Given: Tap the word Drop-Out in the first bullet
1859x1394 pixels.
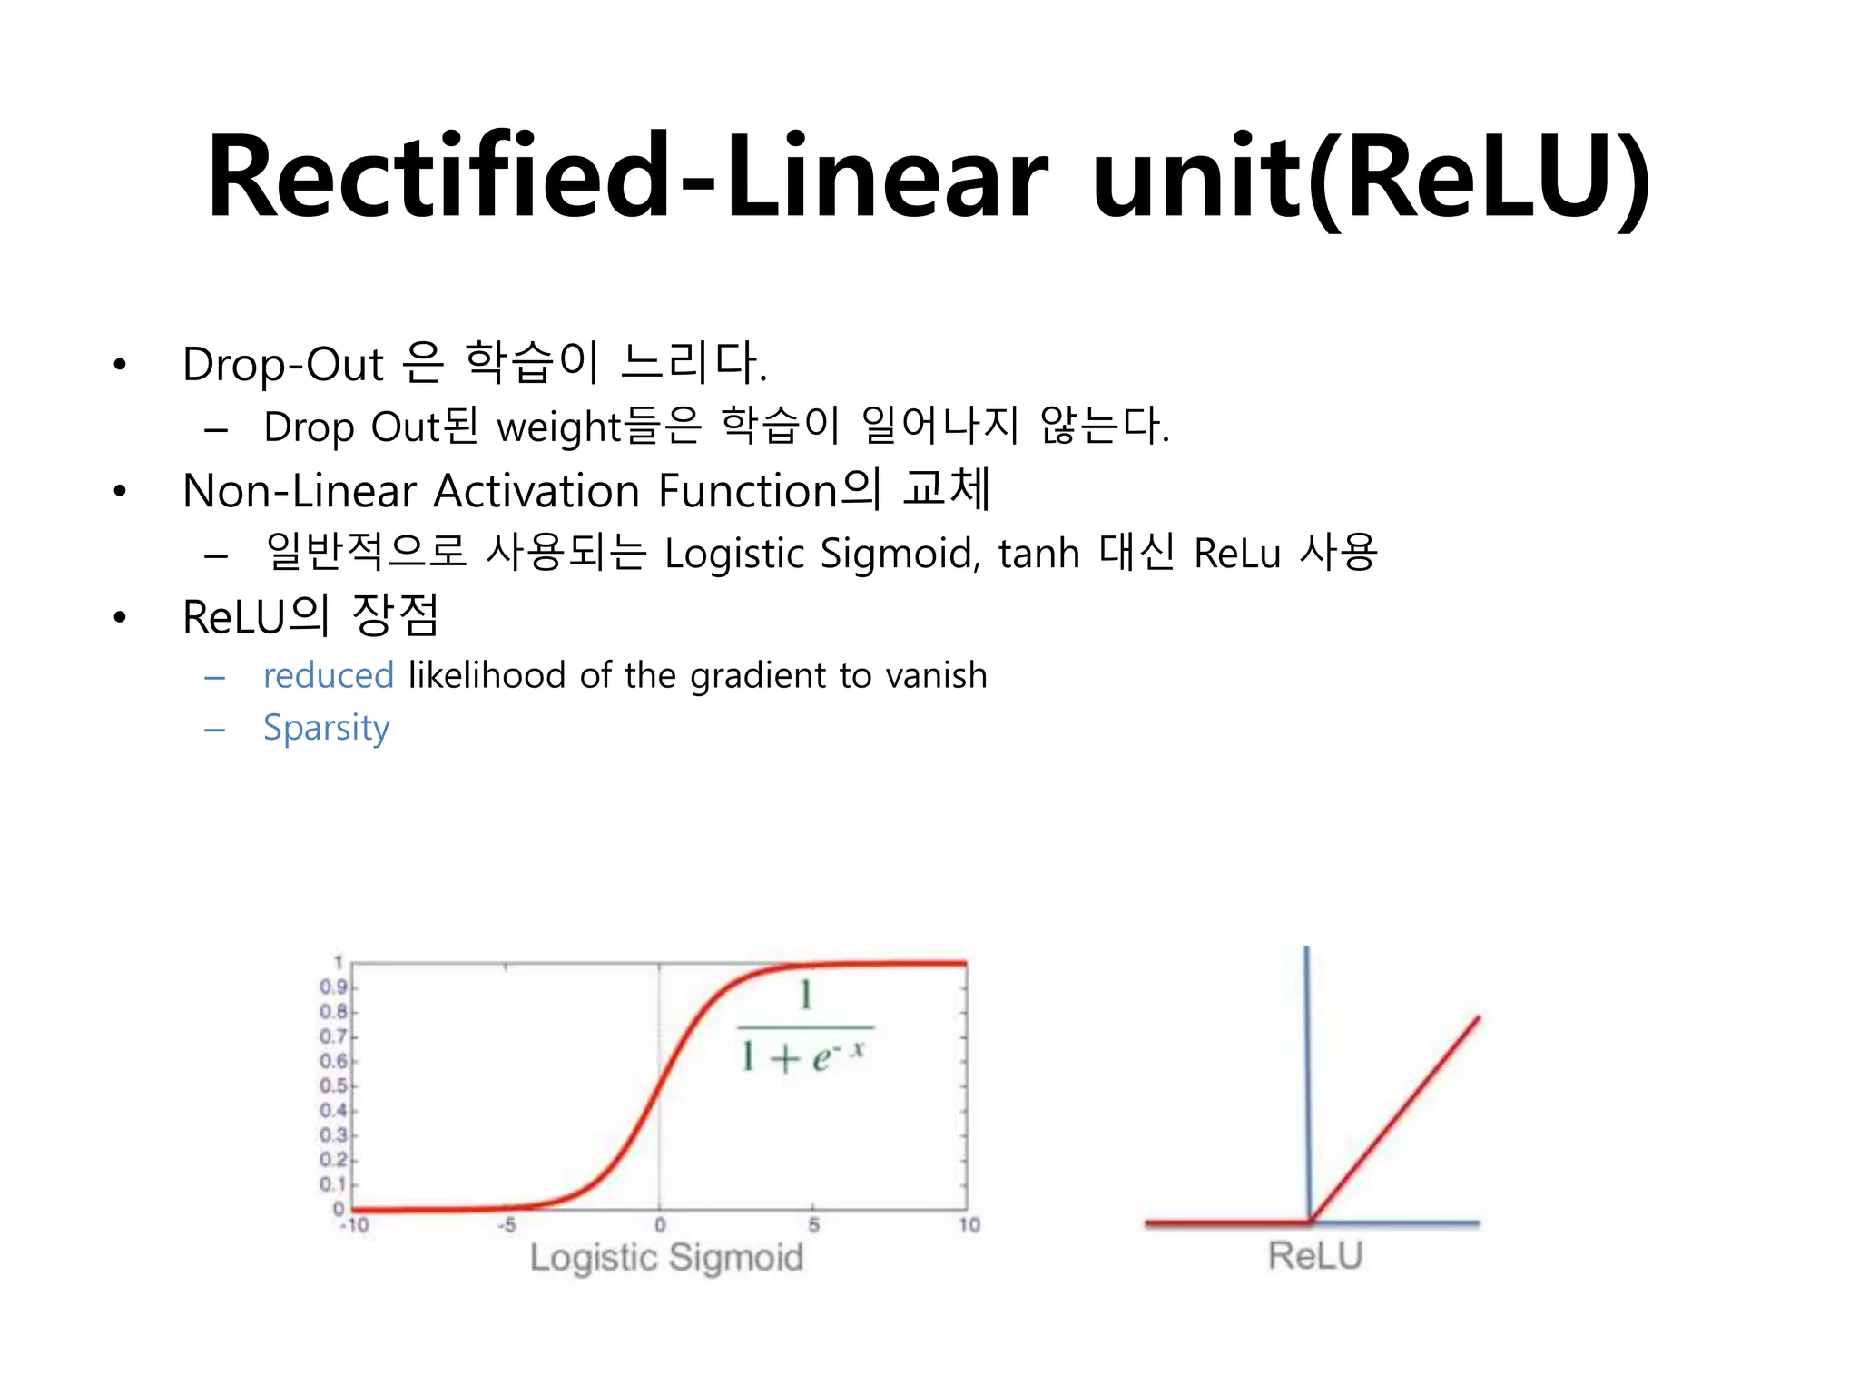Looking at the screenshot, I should click(282, 365).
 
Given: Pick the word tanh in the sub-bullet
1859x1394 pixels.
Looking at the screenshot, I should click(1038, 554).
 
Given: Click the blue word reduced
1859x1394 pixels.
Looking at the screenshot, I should click(328, 675).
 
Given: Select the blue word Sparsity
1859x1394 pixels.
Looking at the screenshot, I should click(326, 728).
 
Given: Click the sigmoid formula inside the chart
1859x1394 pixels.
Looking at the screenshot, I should click(804, 1028).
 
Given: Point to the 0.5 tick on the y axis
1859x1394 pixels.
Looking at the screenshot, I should click(333, 1086).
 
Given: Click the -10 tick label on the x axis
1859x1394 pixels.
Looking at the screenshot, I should click(354, 1226).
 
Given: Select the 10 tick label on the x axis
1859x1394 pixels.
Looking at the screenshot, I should click(969, 1226).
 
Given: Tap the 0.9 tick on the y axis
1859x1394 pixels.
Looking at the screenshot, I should click(333, 987).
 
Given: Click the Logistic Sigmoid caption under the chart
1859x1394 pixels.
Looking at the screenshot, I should click(666, 1258).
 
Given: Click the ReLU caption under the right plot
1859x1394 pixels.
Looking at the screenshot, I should click(1315, 1256).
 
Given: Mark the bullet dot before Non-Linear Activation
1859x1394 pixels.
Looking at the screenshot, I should click(120, 492).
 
